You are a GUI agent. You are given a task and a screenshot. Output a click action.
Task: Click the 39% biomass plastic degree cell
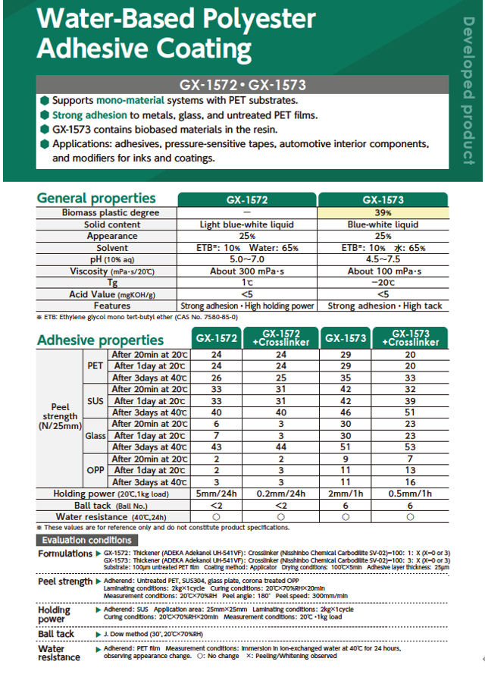(383, 213)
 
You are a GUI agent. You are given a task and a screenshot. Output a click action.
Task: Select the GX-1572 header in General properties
(247, 200)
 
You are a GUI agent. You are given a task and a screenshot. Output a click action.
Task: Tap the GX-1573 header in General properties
(383, 200)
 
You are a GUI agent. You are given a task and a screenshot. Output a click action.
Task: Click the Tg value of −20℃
(383, 282)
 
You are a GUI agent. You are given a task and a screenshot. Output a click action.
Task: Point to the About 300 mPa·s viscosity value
(247, 271)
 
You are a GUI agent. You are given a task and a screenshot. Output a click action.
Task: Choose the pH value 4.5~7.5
(383, 259)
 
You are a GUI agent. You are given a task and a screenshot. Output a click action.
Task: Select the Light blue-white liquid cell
(247, 224)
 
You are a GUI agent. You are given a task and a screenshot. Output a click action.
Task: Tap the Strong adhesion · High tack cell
(383, 306)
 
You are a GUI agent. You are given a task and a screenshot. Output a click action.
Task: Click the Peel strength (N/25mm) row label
(60, 416)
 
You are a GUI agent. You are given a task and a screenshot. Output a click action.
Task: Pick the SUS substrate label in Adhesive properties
(95, 400)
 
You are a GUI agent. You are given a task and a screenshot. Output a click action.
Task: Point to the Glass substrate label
(95, 435)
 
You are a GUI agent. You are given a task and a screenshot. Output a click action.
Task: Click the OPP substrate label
(95, 470)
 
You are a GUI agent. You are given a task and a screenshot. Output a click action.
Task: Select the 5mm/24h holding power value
(217, 494)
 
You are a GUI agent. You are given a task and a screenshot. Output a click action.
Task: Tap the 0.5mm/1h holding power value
(410, 494)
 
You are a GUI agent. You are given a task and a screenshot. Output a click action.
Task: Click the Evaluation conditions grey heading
(86, 540)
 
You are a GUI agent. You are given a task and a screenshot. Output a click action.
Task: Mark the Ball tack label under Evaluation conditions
(57, 634)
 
